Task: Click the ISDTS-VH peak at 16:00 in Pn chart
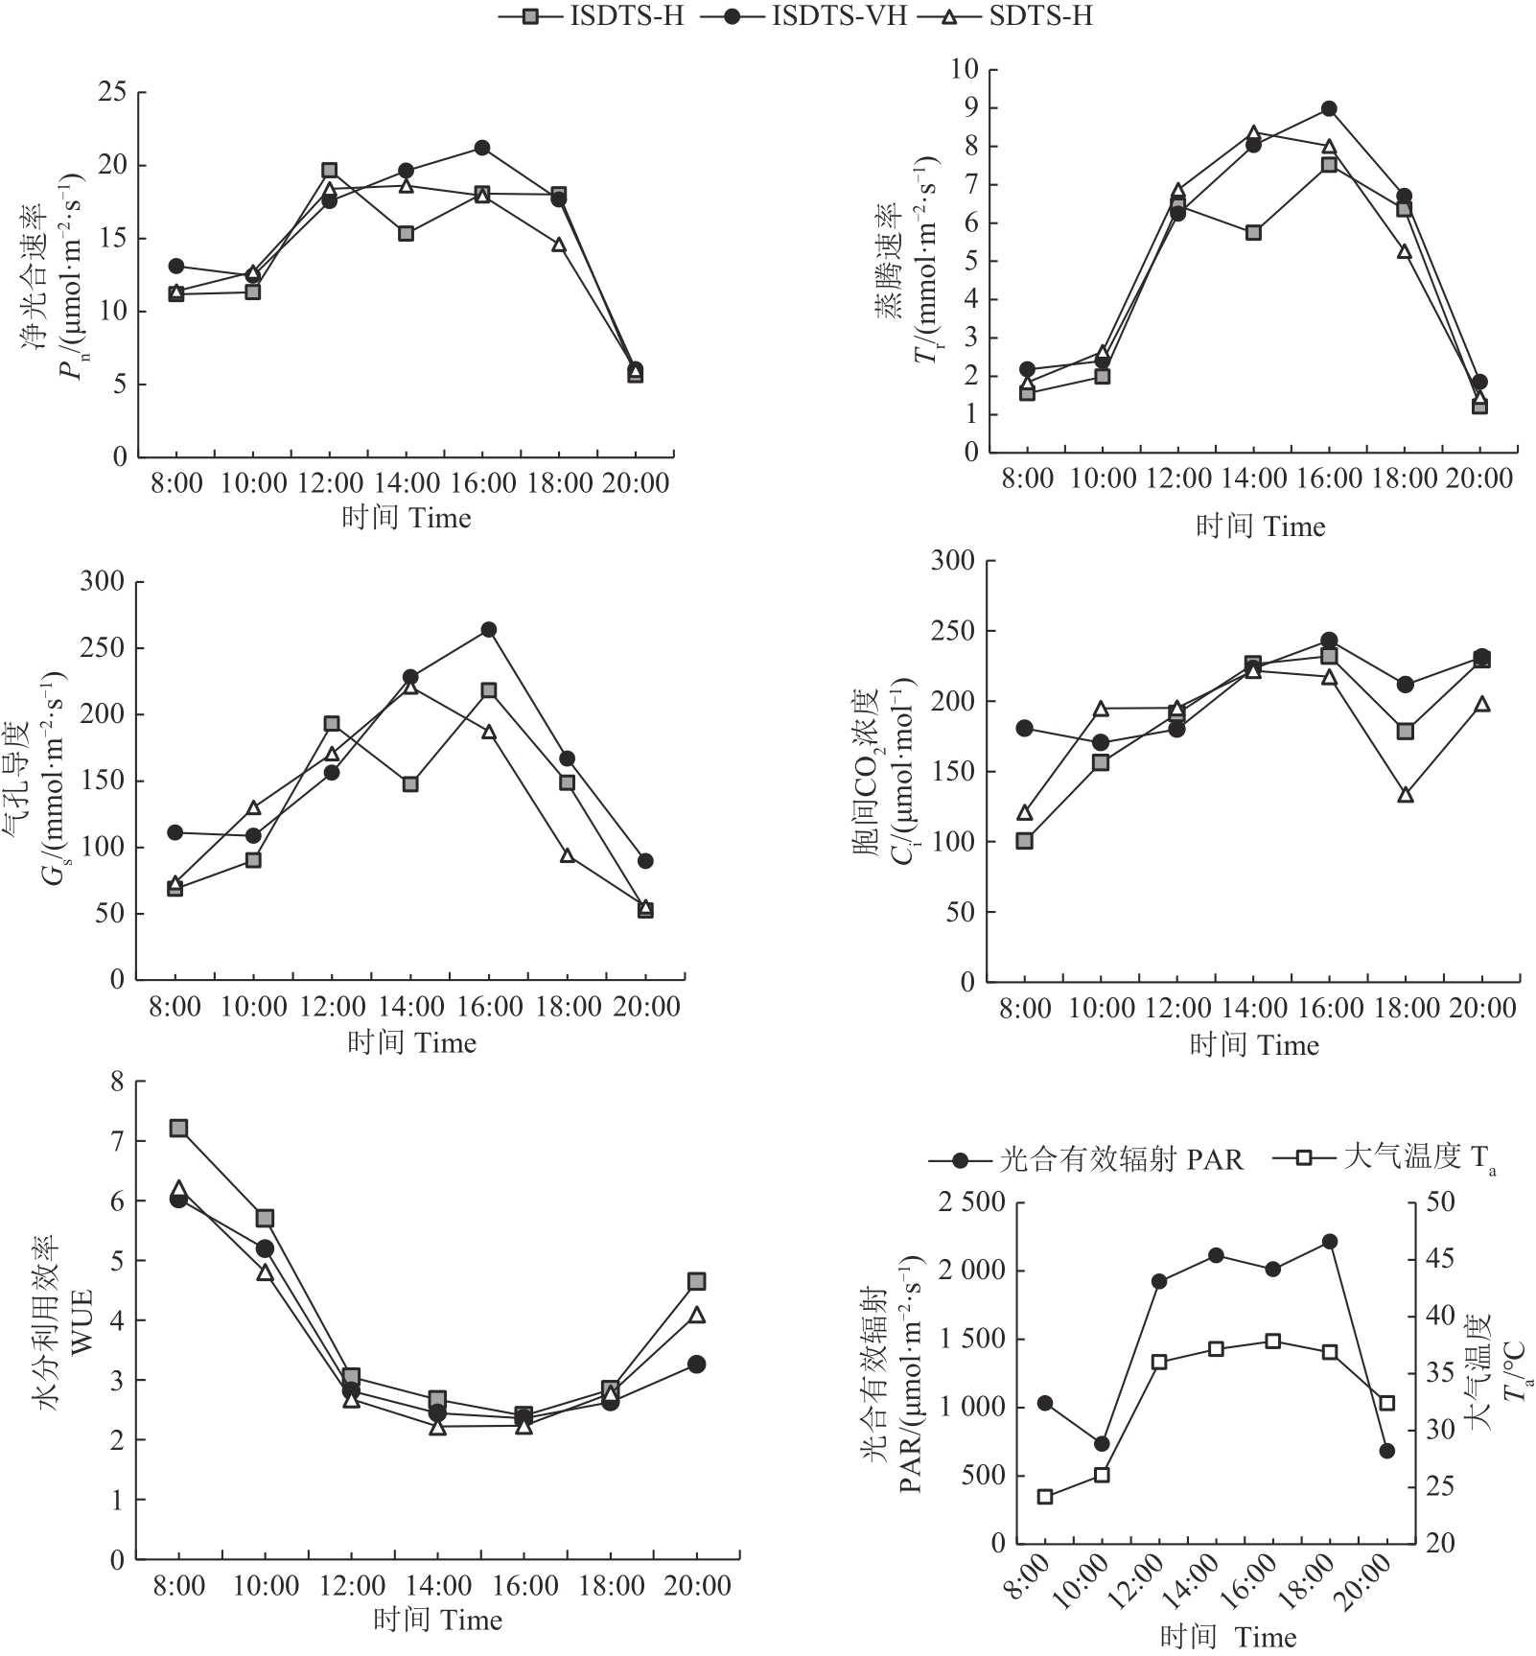click(x=482, y=148)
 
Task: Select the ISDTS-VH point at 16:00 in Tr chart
click(x=1329, y=108)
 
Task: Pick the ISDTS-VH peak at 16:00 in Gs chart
click(x=489, y=630)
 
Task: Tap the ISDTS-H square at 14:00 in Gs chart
click(x=410, y=784)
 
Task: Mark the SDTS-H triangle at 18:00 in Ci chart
click(x=1406, y=795)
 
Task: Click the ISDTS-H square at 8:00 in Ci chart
click(x=1024, y=841)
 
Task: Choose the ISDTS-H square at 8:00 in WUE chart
click(x=178, y=1128)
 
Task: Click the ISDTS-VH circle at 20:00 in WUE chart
click(x=697, y=1364)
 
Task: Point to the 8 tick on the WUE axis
click(x=118, y=1083)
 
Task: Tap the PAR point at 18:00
click(x=1330, y=1242)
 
